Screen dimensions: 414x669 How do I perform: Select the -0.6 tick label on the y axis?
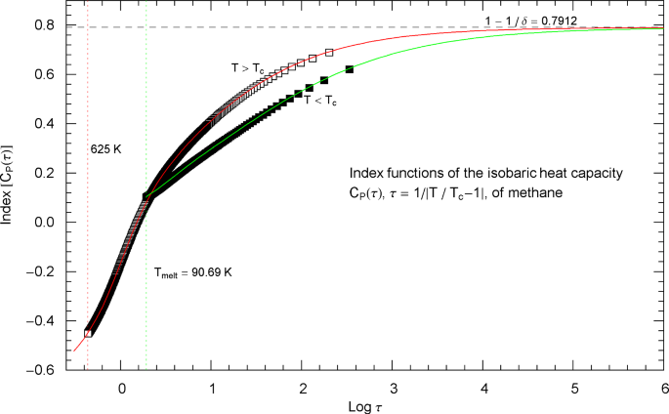tap(42, 370)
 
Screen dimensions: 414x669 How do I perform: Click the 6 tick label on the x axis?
tap(664, 388)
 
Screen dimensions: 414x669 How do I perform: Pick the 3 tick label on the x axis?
tap(393, 388)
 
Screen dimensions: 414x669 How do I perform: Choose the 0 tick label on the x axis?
tap(121, 388)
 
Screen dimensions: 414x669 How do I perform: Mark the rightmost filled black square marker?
tap(349, 69)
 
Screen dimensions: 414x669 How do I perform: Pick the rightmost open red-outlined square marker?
tap(329, 52)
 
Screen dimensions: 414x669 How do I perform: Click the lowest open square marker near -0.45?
tap(88, 333)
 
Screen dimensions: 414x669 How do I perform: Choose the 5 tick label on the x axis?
tap(573, 388)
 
